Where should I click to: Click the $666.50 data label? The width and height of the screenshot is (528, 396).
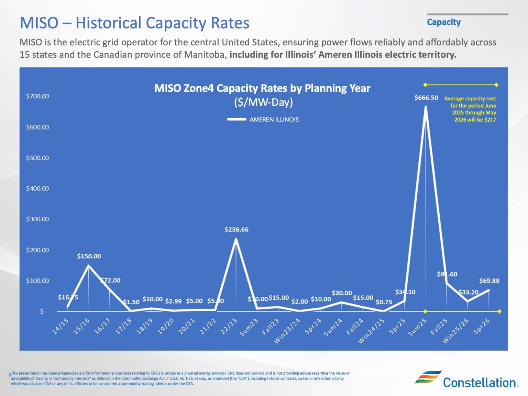(x=426, y=98)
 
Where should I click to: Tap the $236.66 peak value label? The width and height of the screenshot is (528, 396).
(x=236, y=229)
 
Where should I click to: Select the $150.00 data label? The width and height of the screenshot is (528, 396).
(x=89, y=256)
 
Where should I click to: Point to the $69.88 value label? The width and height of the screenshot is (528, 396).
(x=489, y=280)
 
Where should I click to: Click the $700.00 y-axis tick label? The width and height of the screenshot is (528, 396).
(x=37, y=96)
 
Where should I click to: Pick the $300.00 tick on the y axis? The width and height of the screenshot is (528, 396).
(x=37, y=219)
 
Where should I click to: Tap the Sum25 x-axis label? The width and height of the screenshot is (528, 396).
(x=417, y=327)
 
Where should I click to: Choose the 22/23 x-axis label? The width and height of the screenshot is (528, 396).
(x=229, y=326)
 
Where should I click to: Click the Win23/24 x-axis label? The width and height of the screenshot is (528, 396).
(x=287, y=331)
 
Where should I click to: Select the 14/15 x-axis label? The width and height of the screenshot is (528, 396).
(x=60, y=326)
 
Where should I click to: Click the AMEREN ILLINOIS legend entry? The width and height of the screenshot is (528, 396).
(x=274, y=119)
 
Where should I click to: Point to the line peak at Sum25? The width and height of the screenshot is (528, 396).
(x=426, y=107)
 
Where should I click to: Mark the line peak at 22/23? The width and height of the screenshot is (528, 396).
(x=236, y=239)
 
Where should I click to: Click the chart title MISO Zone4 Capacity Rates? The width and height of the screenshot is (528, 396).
(x=262, y=88)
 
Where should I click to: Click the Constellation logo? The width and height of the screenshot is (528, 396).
(x=466, y=379)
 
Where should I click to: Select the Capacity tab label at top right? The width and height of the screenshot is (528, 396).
(x=443, y=22)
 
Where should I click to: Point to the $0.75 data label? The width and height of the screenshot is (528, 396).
(x=384, y=302)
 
